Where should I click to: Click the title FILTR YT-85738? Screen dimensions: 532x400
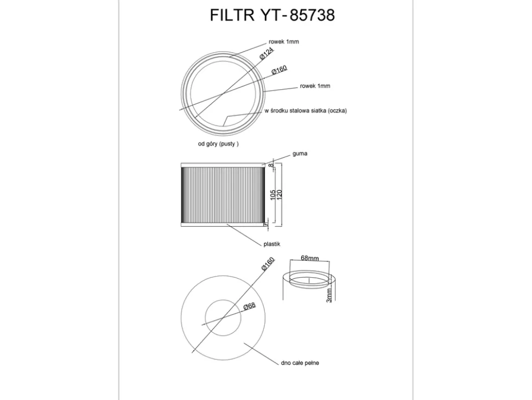(272, 15)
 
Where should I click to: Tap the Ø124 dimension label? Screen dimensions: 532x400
(267, 54)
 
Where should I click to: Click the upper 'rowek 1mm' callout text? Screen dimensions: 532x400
(283, 42)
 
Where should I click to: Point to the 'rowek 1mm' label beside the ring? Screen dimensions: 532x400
(315, 86)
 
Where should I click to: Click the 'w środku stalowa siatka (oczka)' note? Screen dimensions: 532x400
(306, 111)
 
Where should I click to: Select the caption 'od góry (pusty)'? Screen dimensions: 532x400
(218, 143)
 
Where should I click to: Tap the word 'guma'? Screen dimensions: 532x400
(300, 153)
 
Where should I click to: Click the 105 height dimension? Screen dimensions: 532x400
(273, 195)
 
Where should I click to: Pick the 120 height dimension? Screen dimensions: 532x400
(280, 195)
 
